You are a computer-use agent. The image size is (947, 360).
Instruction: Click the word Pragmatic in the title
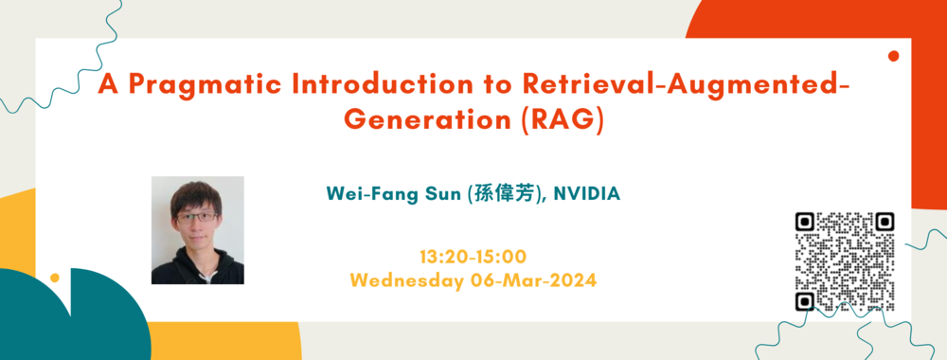(x=205, y=84)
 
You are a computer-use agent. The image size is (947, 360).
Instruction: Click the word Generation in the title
(x=427, y=119)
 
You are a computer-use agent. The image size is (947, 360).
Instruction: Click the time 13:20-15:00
(x=473, y=257)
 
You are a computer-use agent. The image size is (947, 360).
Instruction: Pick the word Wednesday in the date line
(x=405, y=280)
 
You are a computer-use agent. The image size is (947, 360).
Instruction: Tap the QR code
(x=845, y=262)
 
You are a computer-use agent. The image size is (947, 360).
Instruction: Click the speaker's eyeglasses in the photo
(x=196, y=216)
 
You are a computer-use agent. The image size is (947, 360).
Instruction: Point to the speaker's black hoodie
(x=198, y=265)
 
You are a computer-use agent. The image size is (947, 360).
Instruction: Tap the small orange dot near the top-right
(x=894, y=56)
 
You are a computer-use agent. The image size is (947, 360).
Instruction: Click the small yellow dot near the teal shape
(x=55, y=278)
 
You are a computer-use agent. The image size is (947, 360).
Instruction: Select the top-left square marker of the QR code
(x=805, y=223)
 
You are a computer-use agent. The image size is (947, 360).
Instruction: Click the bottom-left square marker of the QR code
(x=805, y=301)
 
